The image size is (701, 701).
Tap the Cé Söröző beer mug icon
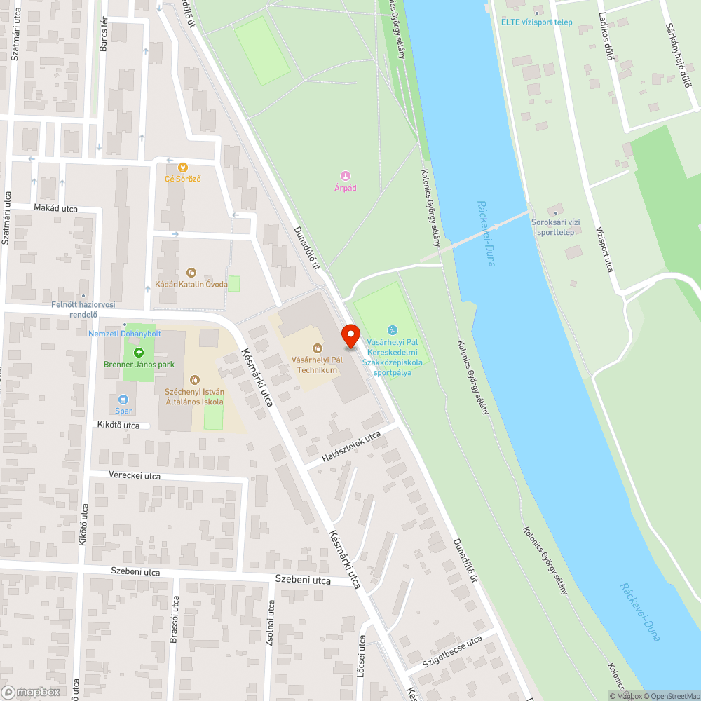click(x=183, y=167)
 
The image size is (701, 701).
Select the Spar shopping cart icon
click(x=124, y=399)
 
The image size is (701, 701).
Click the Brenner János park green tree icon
click(x=138, y=353)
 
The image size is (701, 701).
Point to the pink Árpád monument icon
click(x=345, y=176)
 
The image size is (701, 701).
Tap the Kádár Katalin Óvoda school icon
click(x=191, y=273)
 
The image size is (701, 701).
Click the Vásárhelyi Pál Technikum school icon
click(x=317, y=348)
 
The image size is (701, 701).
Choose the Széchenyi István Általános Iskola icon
click(x=194, y=379)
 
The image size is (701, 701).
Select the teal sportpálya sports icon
click(x=392, y=330)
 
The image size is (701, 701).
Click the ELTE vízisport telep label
click(x=536, y=22)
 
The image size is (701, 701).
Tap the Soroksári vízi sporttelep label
click(x=553, y=227)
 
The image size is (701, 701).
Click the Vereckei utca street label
click(x=135, y=476)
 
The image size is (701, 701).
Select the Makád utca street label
click(x=56, y=208)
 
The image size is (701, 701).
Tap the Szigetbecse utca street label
click(x=452, y=652)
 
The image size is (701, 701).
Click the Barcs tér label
click(x=104, y=35)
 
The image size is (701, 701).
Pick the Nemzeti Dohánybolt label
click(x=125, y=333)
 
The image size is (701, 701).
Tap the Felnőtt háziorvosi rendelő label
click(x=83, y=309)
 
